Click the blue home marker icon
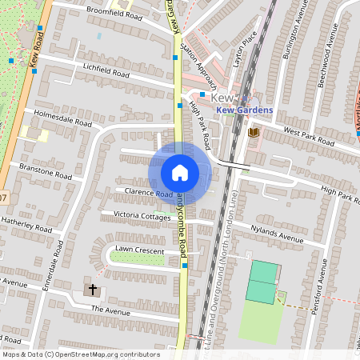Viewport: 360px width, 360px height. [x=180, y=172]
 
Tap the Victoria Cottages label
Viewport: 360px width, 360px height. [x=142, y=216]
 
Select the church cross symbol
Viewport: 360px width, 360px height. [x=92, y=289]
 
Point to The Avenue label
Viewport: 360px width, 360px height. [x=110, y=309]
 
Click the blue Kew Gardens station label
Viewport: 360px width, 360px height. [x=244, y=110]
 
